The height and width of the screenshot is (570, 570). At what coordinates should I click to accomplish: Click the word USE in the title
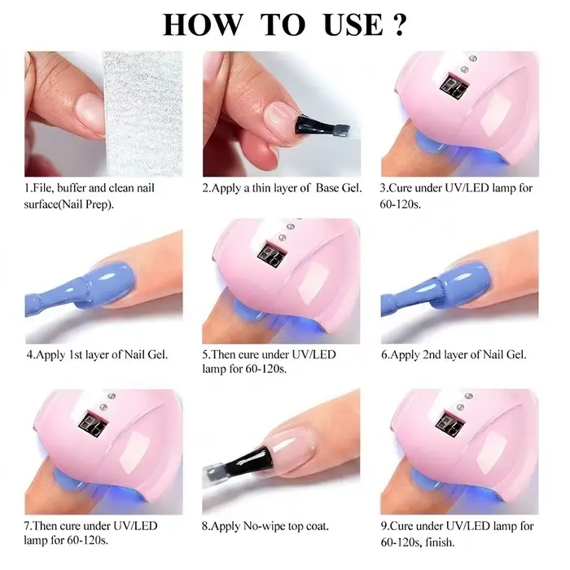click(353, 25)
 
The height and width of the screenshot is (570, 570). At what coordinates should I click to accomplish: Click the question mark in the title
click(400, 25)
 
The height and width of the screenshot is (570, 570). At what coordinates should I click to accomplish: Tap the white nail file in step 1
click(142, 114)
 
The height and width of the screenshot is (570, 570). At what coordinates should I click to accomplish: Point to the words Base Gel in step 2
click(339, 188)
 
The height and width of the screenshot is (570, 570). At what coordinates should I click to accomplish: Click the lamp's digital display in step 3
click(454, 85)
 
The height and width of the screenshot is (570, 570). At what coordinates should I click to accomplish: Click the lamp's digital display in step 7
click(93, 423)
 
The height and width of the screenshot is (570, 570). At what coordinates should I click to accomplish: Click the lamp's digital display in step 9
click(449, 423)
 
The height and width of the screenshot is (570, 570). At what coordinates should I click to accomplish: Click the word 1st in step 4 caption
click(76, 354)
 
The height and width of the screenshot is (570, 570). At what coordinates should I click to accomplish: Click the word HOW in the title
click(202, 25)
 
